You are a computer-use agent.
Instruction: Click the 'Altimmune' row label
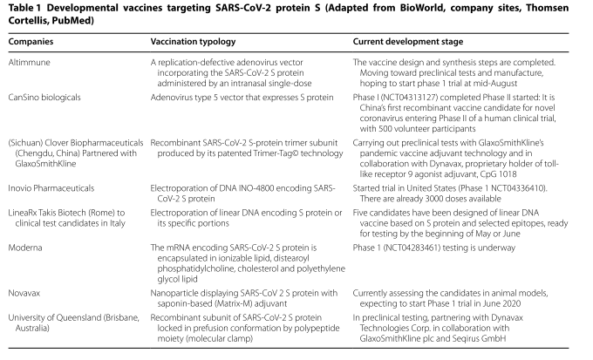[28, 63]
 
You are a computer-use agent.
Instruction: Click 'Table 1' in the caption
[24, 8]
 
